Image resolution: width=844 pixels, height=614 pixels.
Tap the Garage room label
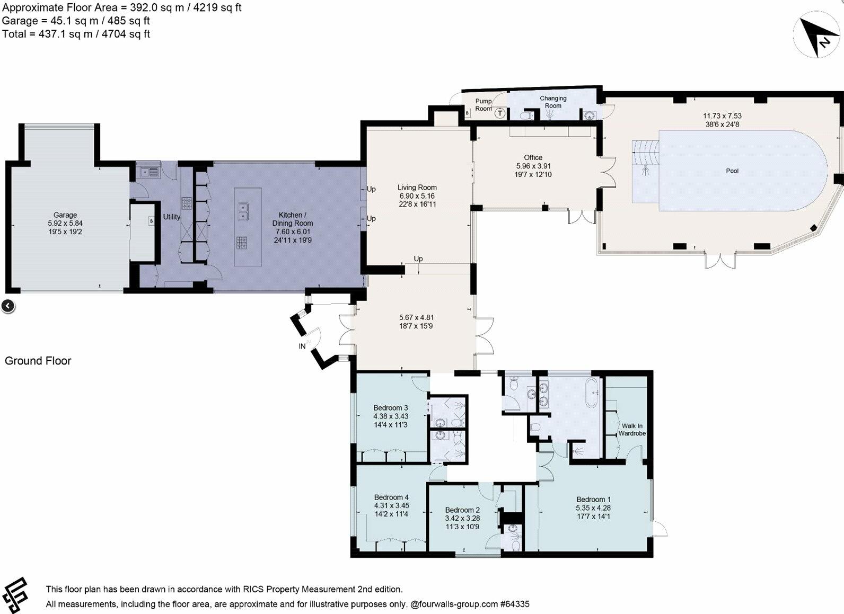(x=65, y=215)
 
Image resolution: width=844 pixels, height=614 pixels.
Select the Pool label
(x=732, y=171)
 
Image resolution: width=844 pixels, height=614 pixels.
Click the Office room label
(x=533, y=157)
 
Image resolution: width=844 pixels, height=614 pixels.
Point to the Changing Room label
(x=553, y=102)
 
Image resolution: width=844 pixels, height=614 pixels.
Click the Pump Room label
(x=483, y=105)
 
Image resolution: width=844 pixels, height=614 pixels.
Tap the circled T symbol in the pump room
(x=500, y=113)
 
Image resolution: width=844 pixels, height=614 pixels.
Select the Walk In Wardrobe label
(x=632, y=430)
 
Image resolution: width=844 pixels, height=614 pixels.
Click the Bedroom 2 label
(x=462, y=510)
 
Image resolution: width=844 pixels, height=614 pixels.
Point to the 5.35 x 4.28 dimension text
(x=593, y=508)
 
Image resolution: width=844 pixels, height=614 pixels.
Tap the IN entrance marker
(x=302, y=346)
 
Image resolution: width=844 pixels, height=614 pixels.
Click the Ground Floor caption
(x=38, y=361)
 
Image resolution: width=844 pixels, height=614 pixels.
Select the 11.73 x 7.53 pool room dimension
(x=722, y=116)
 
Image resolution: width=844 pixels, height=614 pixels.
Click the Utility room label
(x=171, y=217)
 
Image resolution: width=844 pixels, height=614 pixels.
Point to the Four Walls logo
(x=15, y=595)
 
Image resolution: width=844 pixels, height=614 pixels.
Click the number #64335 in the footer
(x=515, y=604)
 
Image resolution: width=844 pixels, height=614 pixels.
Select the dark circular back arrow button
(x=8, y=306)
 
